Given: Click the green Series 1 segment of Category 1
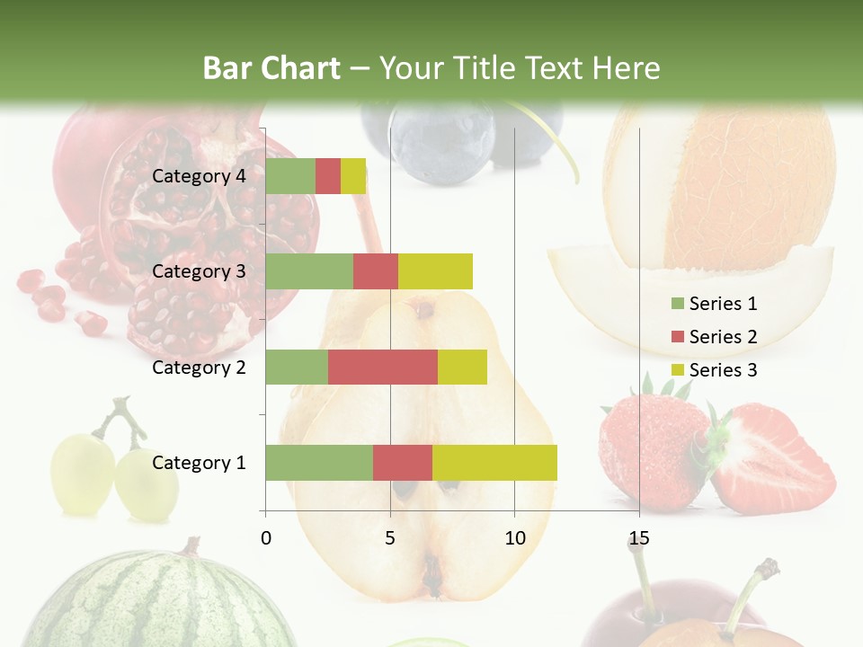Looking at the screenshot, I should click(319, 462).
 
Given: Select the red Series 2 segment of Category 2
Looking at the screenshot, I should click(383, 367).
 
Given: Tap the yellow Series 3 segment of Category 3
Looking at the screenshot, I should click(435, 271).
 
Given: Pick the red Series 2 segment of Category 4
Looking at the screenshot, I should click(328, 176).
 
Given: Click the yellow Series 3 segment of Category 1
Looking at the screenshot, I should click(494, 462).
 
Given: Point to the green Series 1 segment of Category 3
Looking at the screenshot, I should click(309, 271).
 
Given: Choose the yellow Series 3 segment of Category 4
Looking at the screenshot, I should click(353, 176).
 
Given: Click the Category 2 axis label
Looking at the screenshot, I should click(199, 367).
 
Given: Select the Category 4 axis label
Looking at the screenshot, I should click(199, 176).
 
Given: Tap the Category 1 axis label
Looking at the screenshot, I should click(199, 463).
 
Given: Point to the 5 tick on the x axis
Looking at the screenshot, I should click(390, 539).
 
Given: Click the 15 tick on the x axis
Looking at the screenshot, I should click(638, 539).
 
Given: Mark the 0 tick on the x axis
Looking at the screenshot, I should click(266, 539).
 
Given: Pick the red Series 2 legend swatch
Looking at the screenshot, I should click(676, 337).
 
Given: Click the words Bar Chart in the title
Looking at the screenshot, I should click(271, 68).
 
